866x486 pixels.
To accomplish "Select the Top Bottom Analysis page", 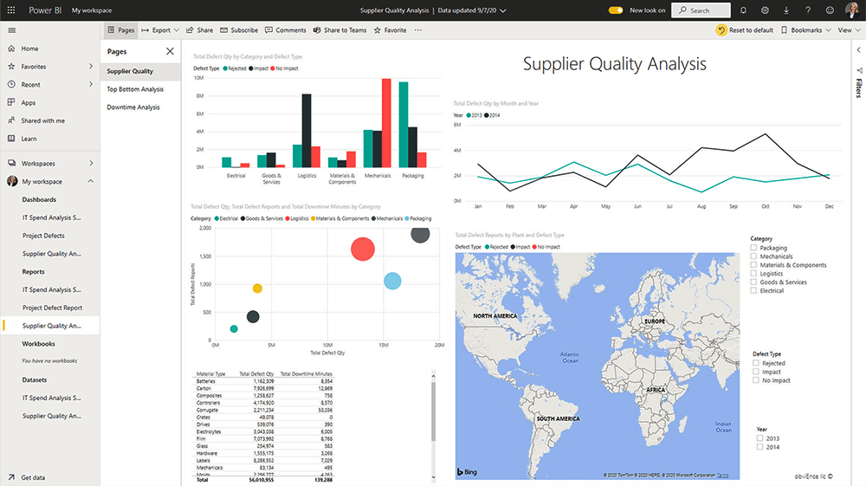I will tap(135, 89).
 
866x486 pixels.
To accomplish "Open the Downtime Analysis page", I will tap(133, 107).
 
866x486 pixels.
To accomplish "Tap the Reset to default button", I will tap(745, 30).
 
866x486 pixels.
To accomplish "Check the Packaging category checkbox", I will tap(753, 248).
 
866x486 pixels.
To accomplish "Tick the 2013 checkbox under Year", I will tap(760, 438).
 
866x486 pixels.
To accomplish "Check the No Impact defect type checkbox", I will tap(756, 380).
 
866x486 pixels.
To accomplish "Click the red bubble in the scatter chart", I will tap(362, 249).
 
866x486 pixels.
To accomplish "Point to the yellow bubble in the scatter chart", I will tap(257, 288).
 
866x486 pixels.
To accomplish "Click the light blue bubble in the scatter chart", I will tap(392, 281).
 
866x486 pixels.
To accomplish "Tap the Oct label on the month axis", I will tap(766, 207).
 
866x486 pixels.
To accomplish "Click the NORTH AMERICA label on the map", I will tap(494, 316).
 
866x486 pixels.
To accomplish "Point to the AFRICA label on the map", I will tap(655, 390).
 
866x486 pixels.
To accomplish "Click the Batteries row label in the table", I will tap(206, 381).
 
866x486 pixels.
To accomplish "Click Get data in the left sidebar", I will tap(33, 477).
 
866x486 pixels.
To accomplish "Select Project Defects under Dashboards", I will tap(43, 236).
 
